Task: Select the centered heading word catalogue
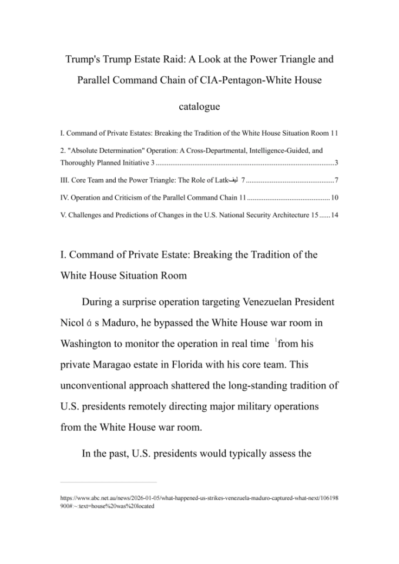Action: pyautogui.click(x=199, y=106)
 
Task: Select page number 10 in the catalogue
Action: pyautogui.click(x=334, y=197)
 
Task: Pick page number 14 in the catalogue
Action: pyautogui.click(x=334, y=216)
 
